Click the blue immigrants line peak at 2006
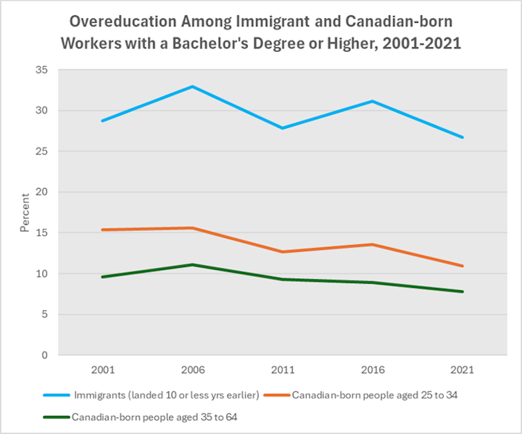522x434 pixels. (x=192, y=87)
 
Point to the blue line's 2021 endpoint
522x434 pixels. (x=462, y=137)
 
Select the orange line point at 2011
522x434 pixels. (x=282, y=251)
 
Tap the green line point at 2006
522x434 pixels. (x=192, y=264)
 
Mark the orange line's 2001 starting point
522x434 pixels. (x=102, y=230)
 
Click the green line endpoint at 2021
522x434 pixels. (x=462, y=291)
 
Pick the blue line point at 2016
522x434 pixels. (x=372, y=101)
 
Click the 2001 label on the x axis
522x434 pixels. (x=102, y=370)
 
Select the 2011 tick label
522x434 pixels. (x=282, y=370)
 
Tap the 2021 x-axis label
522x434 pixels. (x=462, y=370)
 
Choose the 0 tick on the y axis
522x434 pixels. (x=44, y=355)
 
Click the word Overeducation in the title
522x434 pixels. (x=114, y=19)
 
